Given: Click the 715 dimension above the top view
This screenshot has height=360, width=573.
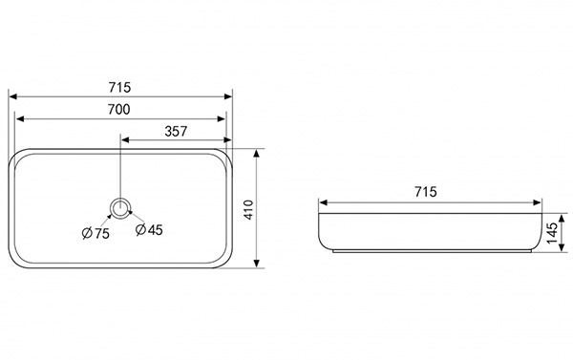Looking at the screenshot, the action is click(119, 87).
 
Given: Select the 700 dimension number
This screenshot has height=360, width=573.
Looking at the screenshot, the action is click(118, 109).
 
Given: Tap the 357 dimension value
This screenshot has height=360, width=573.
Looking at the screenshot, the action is click(176, 131).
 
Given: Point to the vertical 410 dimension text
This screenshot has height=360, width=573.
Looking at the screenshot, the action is click(248, 209).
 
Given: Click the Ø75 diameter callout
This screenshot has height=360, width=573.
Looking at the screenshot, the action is click(95, 233).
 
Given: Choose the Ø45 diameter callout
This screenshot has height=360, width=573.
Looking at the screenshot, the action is click(149, 229).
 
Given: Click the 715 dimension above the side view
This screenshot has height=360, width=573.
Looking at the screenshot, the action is click(426, 192).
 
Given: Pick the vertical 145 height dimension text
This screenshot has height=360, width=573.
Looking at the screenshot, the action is click(552, 233).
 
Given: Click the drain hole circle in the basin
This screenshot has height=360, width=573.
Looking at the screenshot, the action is click(120, 209).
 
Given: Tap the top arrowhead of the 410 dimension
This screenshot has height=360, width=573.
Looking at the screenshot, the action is click(257, 154).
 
